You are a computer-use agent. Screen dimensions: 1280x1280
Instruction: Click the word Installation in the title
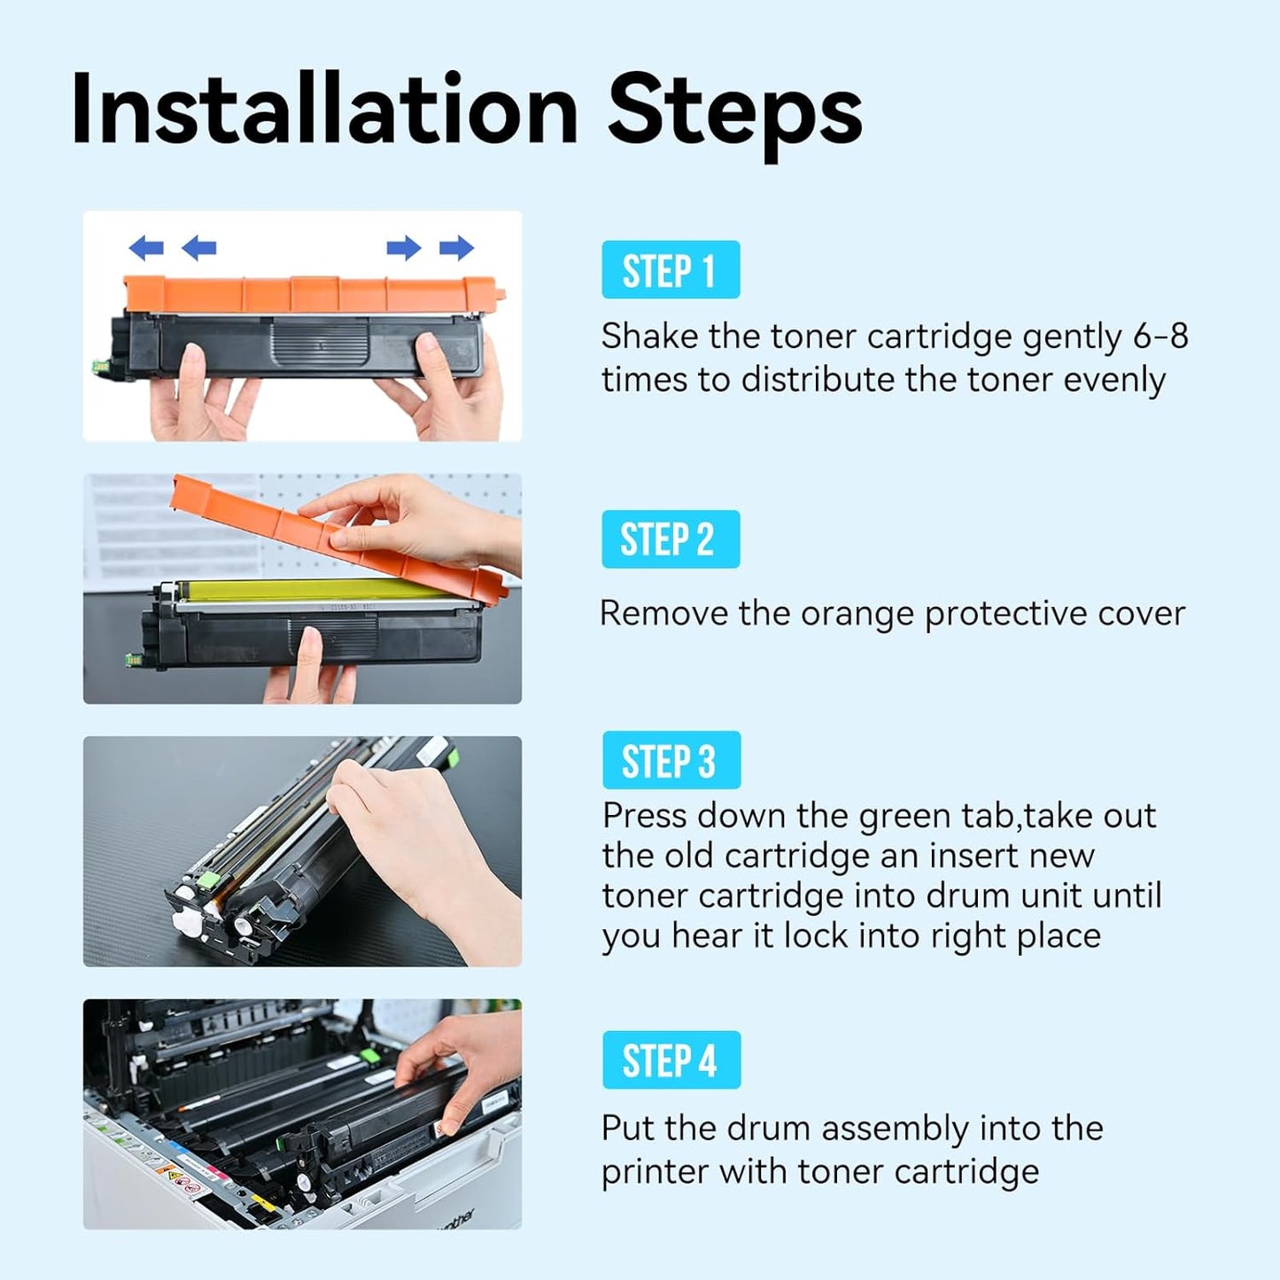[323, 111]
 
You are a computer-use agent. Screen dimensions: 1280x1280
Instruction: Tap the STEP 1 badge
[671, 270]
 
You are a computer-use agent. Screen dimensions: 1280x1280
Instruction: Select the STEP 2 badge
[671, 539]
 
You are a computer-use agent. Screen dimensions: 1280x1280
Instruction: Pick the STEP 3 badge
[671, 760]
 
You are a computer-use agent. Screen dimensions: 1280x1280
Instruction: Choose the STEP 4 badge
[671, 1060]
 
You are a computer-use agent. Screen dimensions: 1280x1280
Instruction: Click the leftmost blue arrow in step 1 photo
[146, 248]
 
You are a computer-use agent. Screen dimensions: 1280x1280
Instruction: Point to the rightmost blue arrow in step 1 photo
[457, 248]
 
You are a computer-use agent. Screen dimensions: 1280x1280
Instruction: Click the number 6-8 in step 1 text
[1160, 337]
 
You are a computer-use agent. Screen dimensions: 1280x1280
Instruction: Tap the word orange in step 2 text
[857, 614]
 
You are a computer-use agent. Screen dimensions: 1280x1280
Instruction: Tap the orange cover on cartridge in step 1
[310, 292]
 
